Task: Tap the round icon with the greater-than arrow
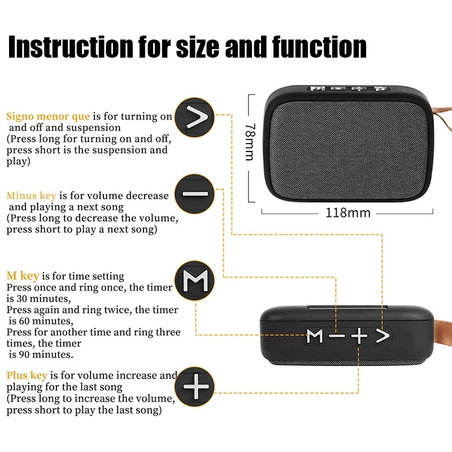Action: click(194, 118)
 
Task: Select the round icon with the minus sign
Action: click(194, 194)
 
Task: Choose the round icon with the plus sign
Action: click(194, 387)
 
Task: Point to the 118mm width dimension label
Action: click(347, 213)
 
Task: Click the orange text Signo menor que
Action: click(48, 116)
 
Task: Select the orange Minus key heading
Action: click(31, 195)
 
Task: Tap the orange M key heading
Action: click(23, 276)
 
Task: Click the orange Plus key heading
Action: click(27, 375)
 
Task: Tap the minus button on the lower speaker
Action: click(337, 337)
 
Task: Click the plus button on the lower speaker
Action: click(359, 337)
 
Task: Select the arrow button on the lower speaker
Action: click(383, 336)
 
